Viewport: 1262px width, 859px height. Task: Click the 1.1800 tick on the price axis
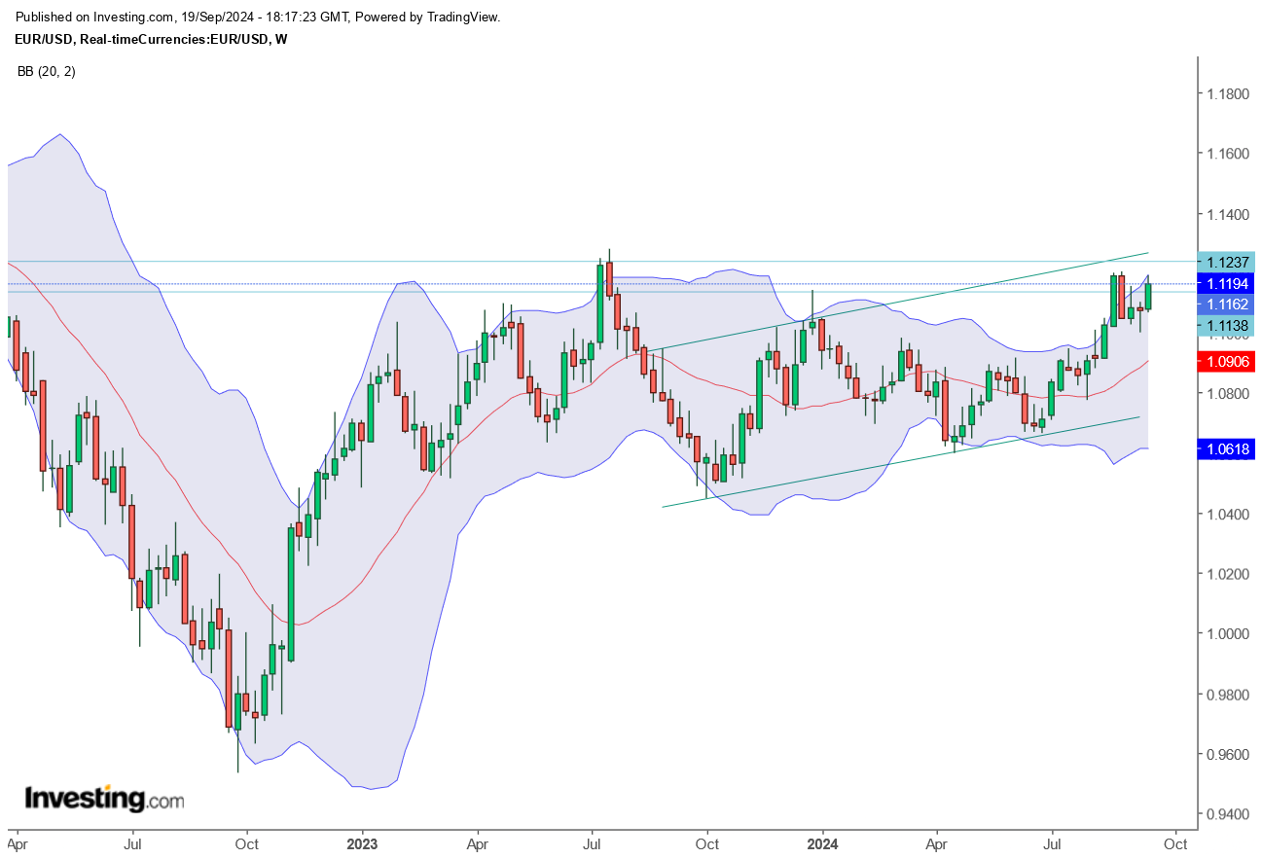point(1227,94)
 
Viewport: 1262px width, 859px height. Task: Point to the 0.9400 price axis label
point(1227,814)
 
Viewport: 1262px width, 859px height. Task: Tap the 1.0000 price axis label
point(1227,633)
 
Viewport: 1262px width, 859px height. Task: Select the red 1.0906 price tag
point(1227,361)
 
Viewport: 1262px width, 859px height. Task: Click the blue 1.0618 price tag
point(1227,448)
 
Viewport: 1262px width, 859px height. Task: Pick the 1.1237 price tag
point(1227,262)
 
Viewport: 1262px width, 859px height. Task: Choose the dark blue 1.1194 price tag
point(1227,283)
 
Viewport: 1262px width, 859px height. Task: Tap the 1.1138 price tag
point(1227,326)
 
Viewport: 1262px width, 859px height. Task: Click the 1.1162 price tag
point(1227,304)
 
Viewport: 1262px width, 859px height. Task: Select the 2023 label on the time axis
point(362,843)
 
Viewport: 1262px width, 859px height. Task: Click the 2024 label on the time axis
point(823,843)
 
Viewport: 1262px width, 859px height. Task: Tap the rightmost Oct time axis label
point(1175,843)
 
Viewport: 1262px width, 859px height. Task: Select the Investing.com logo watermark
point(104,799)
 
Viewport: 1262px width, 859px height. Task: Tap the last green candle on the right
point(1148,297)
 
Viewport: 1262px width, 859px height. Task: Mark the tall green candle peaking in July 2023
point(599,302)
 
